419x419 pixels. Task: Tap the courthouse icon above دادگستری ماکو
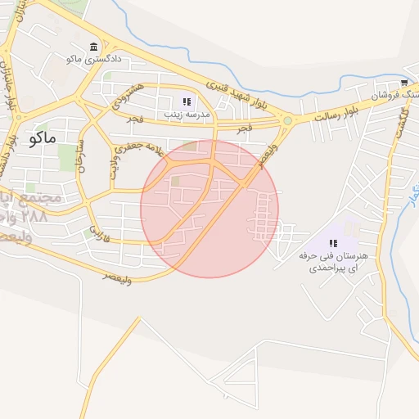(94, 47)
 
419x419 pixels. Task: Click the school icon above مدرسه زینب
(187, 101)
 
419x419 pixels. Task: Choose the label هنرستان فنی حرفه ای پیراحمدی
(334, 262)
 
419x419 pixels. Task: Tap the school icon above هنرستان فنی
(333, 242)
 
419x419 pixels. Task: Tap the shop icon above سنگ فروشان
(404, 83)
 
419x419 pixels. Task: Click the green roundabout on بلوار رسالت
(287, 121)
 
